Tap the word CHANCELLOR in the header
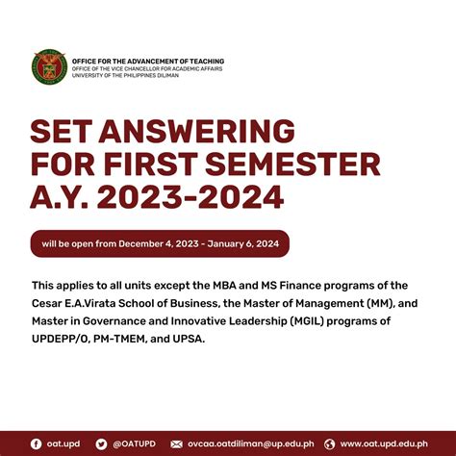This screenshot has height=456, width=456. click(x=151, y=69)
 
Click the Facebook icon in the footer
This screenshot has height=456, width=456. click(x=37, y=443)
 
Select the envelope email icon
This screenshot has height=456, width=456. click(x=176, y=443)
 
